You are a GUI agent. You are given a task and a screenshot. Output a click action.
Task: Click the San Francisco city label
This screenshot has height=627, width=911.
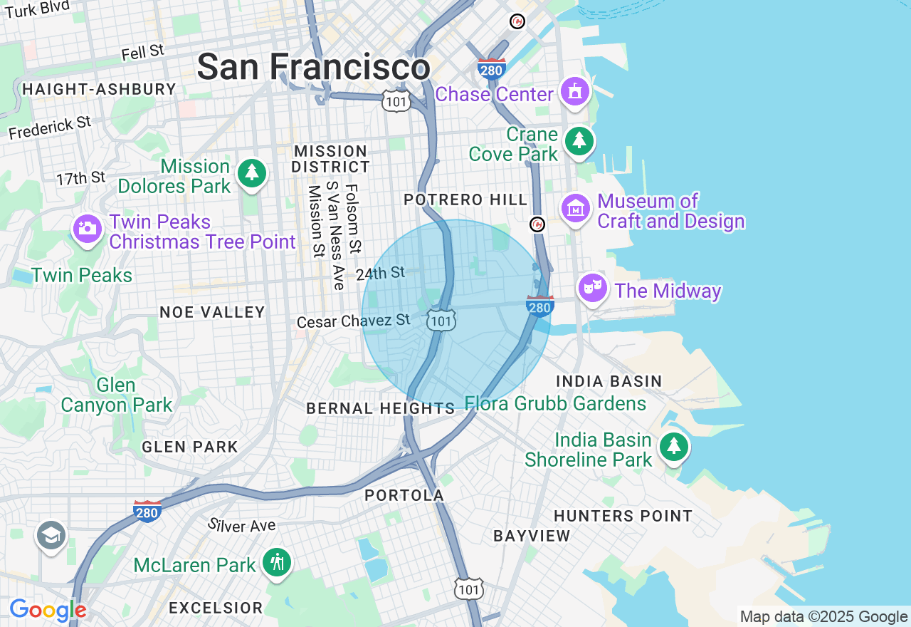[313, 68]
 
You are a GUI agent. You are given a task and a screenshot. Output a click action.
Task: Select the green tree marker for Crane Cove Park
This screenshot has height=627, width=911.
[579, 141]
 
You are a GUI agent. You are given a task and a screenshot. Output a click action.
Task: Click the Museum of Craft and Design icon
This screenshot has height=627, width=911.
[576, 209]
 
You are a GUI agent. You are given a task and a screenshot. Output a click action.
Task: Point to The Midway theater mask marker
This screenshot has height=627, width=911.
[593, 288]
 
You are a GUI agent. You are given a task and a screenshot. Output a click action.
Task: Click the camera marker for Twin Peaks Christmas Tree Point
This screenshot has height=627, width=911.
[88, 228]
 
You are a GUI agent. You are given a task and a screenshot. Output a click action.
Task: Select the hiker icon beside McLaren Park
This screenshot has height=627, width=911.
[277, 562]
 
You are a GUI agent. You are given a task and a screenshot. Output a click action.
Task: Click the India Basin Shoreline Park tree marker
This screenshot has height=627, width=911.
[673, 447]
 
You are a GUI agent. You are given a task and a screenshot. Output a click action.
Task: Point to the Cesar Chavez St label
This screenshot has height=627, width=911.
[354, 321]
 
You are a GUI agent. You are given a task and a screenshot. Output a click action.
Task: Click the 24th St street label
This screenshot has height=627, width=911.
[380, 273]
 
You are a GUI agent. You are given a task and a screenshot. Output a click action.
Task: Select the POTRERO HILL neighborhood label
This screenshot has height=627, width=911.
[465, 200]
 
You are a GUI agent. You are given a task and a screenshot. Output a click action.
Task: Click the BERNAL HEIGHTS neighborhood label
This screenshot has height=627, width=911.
[380, 409]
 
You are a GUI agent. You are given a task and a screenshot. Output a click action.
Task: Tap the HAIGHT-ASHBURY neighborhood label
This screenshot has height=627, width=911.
[99, 89]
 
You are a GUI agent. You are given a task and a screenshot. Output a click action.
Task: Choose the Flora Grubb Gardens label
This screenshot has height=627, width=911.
[555, 404]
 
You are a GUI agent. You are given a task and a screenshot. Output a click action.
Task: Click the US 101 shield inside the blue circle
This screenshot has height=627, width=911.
[441, 320]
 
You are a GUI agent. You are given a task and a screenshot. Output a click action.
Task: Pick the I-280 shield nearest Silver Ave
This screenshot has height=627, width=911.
[147, 511]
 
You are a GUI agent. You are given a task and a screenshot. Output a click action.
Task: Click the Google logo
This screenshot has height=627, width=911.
[48, 610]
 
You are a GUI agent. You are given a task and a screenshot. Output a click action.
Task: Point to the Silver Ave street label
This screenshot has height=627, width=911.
[242, 526]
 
